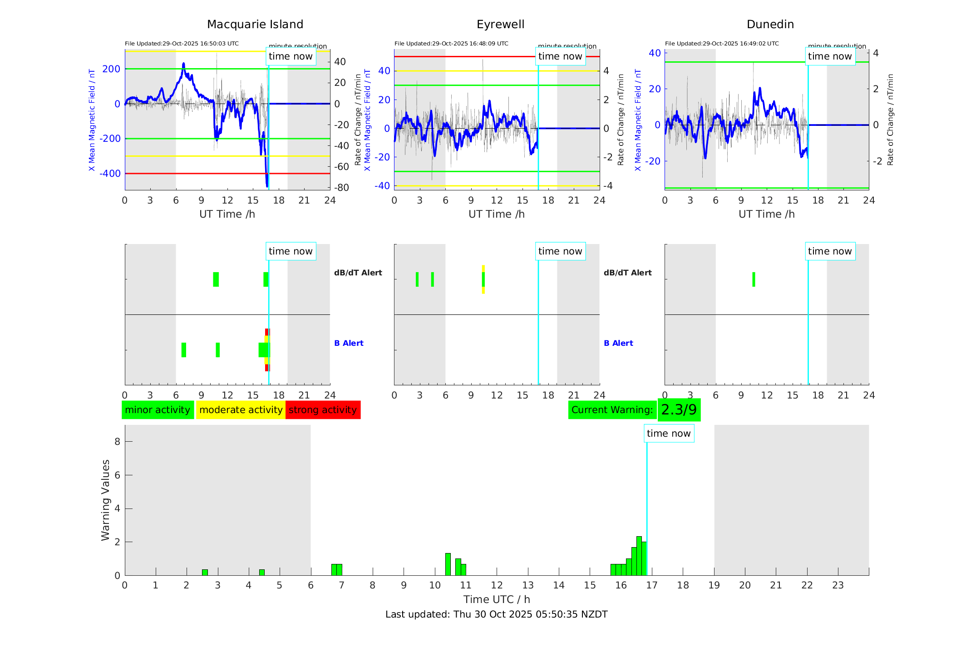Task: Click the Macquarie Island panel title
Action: [255, 24]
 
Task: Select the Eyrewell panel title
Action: [500, 24]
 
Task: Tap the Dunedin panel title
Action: [770, 24]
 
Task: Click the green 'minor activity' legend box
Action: [158, 410]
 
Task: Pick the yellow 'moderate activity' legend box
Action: [241, 410]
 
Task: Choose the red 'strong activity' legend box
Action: [323, 410]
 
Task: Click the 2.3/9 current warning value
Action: [679, 410]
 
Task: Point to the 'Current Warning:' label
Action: [612, 410]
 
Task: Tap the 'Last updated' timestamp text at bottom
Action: [496, 614]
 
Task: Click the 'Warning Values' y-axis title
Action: [105, 500]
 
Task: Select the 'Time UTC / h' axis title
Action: [496, 599]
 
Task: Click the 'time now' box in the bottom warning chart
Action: [668, 434]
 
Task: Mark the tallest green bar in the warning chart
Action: [639, 556]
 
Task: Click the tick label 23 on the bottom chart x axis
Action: [838, 585]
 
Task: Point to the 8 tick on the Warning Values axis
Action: [117, 441]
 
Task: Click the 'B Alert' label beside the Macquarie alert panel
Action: [349, 343]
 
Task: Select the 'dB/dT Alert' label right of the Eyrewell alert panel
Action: [627, 273]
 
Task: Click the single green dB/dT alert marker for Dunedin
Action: [754, 279]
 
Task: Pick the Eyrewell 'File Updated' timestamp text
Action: [451, 44]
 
